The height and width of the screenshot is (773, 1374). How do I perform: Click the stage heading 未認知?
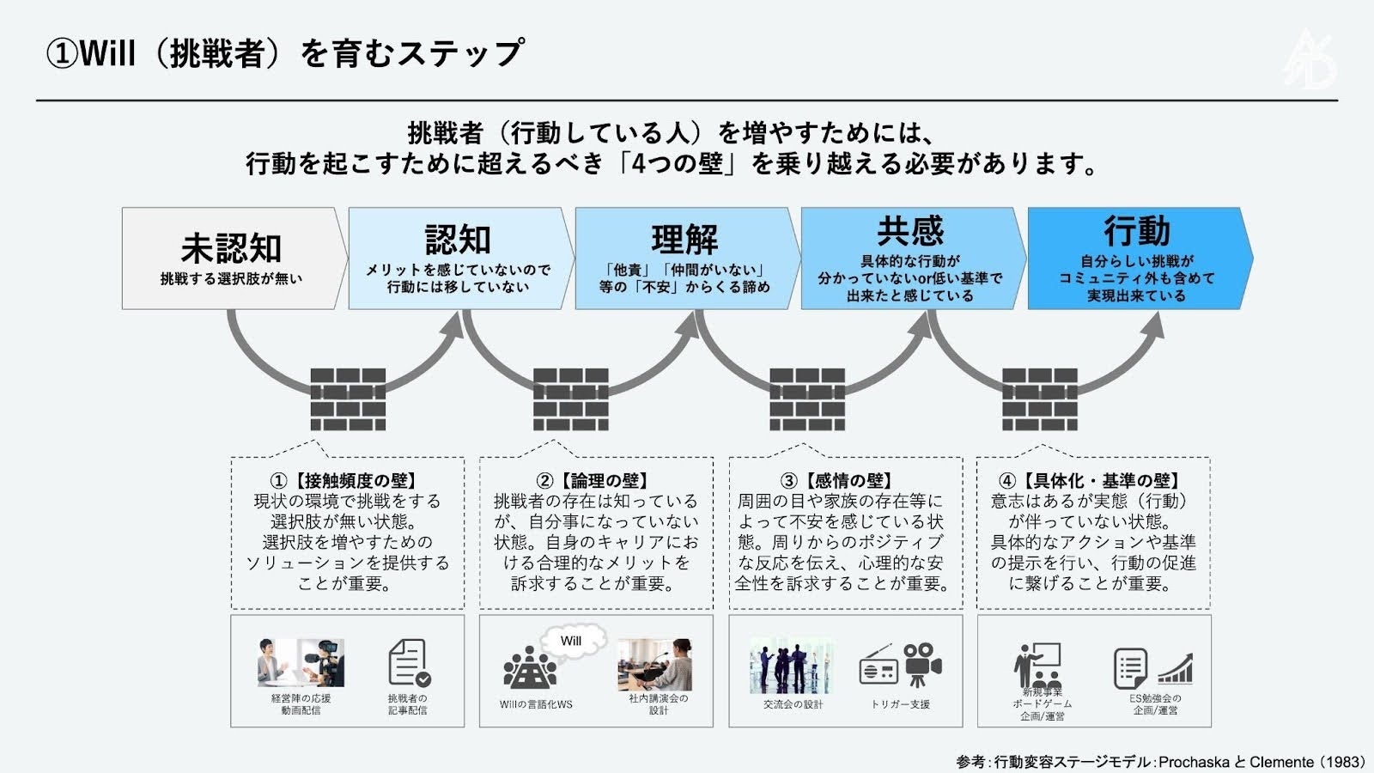231,248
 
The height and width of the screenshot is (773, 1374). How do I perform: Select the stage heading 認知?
458,240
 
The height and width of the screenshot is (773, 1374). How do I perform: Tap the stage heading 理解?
684,240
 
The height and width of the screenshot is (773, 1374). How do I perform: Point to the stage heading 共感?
910,231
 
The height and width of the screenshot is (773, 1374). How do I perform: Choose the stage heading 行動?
1137,231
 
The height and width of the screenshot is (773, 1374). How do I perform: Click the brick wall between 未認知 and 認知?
348,399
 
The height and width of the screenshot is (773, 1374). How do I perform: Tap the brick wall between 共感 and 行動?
1039,399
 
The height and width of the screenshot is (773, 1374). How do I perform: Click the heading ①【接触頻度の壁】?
347,481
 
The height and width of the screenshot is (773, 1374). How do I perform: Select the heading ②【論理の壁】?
596,481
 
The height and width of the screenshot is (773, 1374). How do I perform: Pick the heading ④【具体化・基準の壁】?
1093,481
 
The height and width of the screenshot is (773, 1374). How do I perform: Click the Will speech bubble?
572,641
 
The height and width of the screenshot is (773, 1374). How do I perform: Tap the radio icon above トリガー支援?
878,668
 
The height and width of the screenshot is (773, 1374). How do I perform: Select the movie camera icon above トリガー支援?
921,664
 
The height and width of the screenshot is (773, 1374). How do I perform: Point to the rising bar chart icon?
1176,668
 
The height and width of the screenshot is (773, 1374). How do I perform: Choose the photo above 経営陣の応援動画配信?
301,663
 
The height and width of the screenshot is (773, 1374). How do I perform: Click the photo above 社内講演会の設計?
654,664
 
